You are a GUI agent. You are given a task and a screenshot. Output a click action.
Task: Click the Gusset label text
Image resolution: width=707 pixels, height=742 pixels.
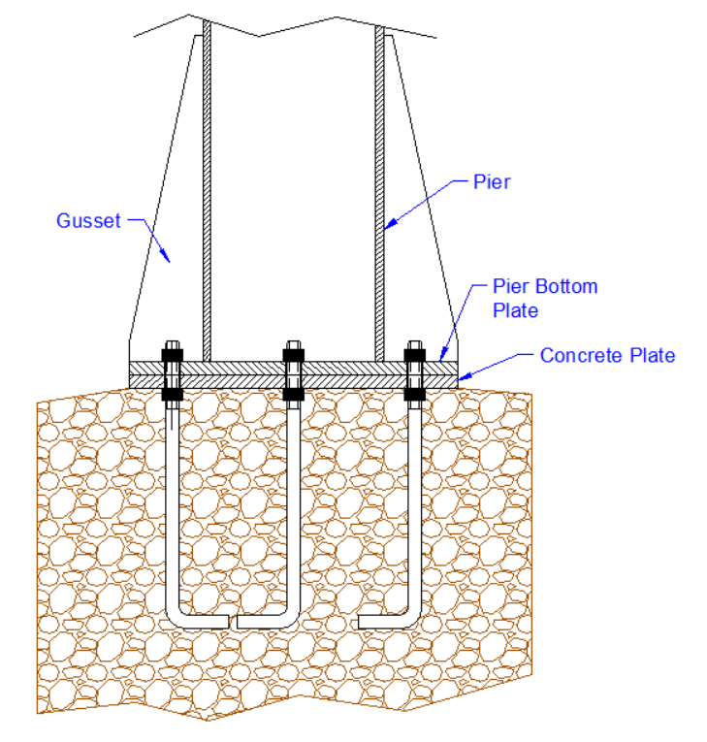pyautogui.click(x=88, y=221)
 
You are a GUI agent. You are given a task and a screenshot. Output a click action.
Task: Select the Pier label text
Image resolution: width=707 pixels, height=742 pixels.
pyautogui.click(x=492, y=181)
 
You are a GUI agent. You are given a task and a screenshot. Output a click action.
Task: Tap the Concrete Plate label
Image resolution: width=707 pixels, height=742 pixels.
pyautogui.click(x=607, y=355)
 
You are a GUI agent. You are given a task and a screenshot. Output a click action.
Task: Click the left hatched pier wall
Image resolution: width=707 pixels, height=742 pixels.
pyautogui.click(x=207, y=194)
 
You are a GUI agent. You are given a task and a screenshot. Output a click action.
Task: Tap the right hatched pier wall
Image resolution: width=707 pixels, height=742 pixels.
pyautogui.click(x=379, y=194)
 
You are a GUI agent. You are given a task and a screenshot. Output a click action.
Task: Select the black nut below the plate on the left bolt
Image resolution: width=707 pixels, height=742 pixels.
pyautogui.click(x=173, y=395)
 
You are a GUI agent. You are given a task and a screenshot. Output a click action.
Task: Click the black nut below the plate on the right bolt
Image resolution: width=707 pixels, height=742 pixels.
pyautogui.click(x=415, y=395)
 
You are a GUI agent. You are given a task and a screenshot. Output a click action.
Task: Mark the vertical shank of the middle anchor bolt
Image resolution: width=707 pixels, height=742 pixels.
pyautogui.click(x=293, y=504)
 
